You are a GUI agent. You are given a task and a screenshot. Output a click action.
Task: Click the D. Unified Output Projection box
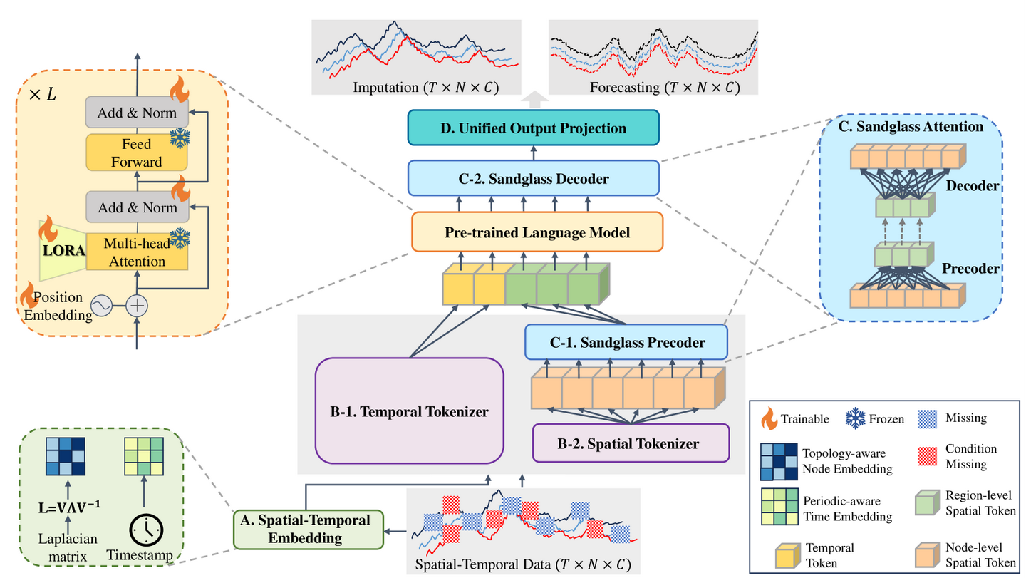tap(534, 129)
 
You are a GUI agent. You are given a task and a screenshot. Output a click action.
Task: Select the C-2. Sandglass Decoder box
tap(534, 178)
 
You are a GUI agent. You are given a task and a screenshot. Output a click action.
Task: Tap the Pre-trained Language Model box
tap(537, 232)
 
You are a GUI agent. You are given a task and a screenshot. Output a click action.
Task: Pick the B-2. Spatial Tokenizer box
tap(631, 443)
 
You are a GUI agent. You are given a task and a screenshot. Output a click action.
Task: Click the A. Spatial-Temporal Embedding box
tap(309, 529)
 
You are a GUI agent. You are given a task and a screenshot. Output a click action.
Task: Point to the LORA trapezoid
tap(62, 251)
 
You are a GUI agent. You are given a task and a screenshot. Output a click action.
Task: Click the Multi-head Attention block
tap(137, 252)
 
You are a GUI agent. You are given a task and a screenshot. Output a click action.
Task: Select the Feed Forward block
tap(136, 153)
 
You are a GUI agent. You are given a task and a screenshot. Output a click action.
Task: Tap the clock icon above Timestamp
tap(146, 528)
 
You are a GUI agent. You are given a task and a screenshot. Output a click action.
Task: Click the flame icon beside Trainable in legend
tap(769, 419)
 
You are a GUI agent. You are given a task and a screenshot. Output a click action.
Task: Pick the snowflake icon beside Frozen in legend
tap(854, 419)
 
